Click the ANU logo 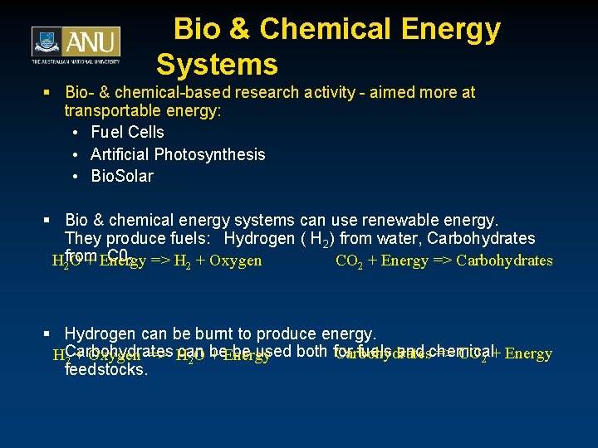76,45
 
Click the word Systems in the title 217,65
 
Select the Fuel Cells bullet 127,132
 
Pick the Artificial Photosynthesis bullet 178,154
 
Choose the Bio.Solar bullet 122,176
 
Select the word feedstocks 105,370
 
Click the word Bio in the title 198,29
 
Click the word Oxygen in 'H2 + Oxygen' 236,261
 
